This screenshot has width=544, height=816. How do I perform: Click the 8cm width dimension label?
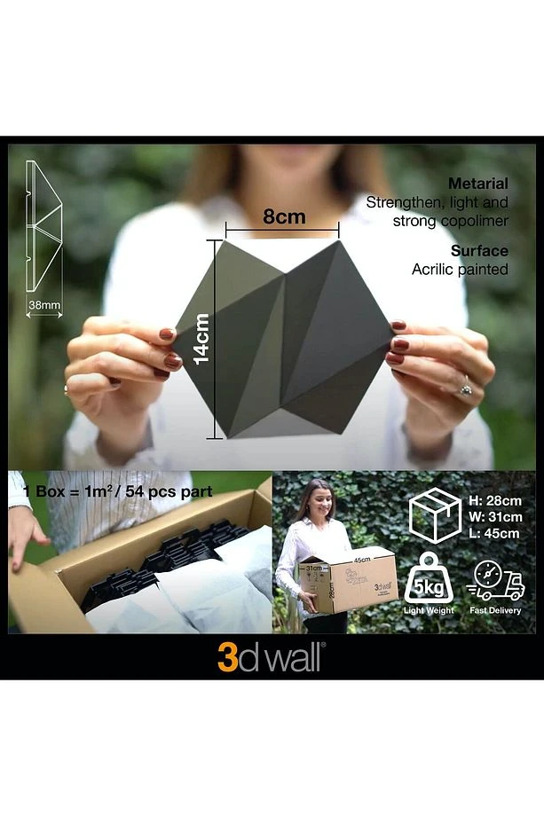[283, 216]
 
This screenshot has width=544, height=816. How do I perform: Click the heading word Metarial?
[477, 184]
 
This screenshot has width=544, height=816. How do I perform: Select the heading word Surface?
[479, 251]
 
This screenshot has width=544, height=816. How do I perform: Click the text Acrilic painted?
[460, 269]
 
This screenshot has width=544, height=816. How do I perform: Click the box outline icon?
[435, 515]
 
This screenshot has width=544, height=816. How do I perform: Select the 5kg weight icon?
[429, 578]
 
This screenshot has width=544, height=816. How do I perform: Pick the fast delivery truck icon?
[494, 581]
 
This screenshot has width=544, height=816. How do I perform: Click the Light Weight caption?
[429, 610]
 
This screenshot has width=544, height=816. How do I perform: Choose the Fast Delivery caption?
[494, 610]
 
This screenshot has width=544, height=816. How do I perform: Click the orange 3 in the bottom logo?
[227, 658]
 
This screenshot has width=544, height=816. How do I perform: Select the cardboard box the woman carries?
[347, 581]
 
